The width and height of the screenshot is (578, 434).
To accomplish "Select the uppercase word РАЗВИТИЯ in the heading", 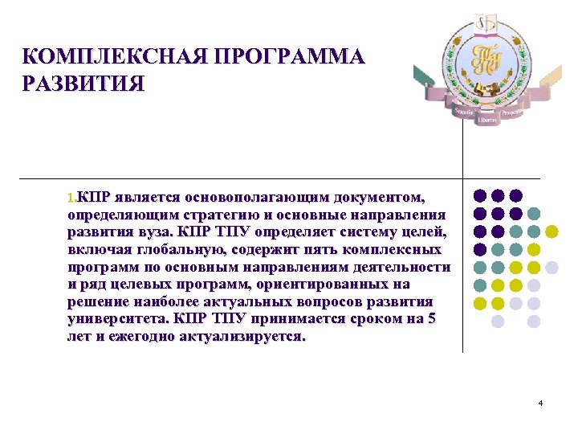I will coord(83,84).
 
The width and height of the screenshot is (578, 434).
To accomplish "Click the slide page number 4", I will coord(541,402).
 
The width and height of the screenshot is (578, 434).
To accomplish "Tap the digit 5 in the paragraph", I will coord(431,319).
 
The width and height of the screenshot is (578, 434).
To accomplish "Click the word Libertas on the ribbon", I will coord(487,119).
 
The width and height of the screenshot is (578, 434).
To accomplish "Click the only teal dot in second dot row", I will coord(534,214).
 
